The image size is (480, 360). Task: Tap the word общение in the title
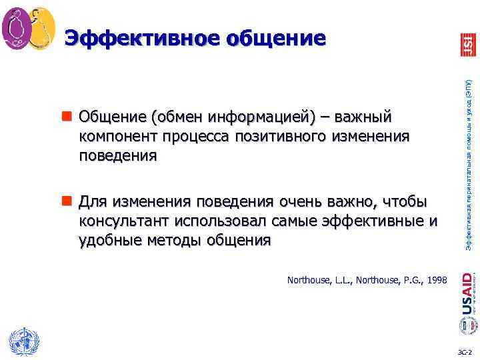277,38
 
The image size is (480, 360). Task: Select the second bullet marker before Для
70,202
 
